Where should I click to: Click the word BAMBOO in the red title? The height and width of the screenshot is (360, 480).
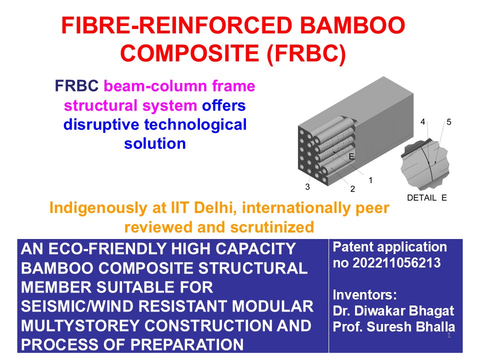(x=352, y=25)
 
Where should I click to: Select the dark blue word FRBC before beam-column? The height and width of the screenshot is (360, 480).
(x=76, y=86)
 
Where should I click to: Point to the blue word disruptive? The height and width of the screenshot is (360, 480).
(x=101, y=125)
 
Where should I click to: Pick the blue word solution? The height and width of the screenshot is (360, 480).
(x=155, y=144)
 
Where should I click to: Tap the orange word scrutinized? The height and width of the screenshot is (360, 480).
(x=272, y=227)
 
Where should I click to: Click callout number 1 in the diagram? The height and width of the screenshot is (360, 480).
(x=370, y=180)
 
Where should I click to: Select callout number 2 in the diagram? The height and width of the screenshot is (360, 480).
(x=352, y=189)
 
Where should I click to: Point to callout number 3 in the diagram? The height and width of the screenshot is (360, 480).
(x=307, y=186)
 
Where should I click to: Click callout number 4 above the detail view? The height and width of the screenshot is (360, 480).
(x=423, y=122)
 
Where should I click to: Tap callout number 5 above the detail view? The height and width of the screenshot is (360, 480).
(x=449, y=122)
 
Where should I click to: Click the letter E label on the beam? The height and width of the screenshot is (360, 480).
(x=351, y=156)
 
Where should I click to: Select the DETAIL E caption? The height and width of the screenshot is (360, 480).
(x=426, y=198)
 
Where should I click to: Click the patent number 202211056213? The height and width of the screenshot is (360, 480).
(x=396, y=263)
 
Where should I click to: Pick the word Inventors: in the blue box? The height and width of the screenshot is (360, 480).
(x=364, y=295)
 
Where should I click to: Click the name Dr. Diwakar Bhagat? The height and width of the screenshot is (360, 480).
(x=393, y=311)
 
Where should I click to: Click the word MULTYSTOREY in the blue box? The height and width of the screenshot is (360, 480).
(x=80, y=325)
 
